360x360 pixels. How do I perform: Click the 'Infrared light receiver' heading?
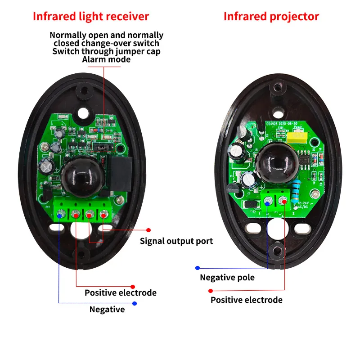[91, 17]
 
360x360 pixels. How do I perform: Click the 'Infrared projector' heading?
[271, 17]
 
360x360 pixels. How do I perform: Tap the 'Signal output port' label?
[176, 241]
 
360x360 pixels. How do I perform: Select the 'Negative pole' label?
[227, 278]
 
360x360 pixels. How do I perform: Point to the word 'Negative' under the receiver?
[107, 310]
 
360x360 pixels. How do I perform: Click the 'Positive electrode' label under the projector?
[247, 300]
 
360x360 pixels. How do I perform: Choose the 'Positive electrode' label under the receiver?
[121, 293]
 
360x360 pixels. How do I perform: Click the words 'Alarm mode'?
[107, 59]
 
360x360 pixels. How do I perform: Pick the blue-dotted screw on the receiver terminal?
[60, 215]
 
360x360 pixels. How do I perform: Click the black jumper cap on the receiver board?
[103, 147]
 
